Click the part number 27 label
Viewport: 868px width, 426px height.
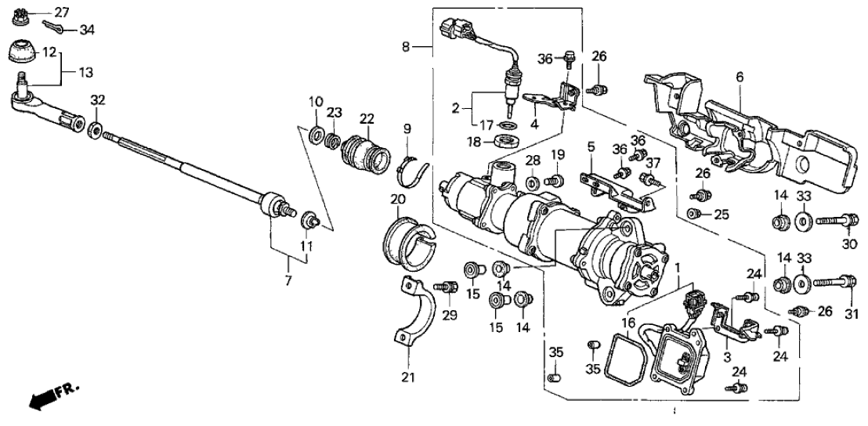(61, 12)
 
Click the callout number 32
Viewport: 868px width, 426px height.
(96, 99)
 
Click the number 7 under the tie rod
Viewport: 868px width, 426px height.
(287, 280)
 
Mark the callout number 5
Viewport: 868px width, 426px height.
(591, 146)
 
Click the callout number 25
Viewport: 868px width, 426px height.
(720, 214)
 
